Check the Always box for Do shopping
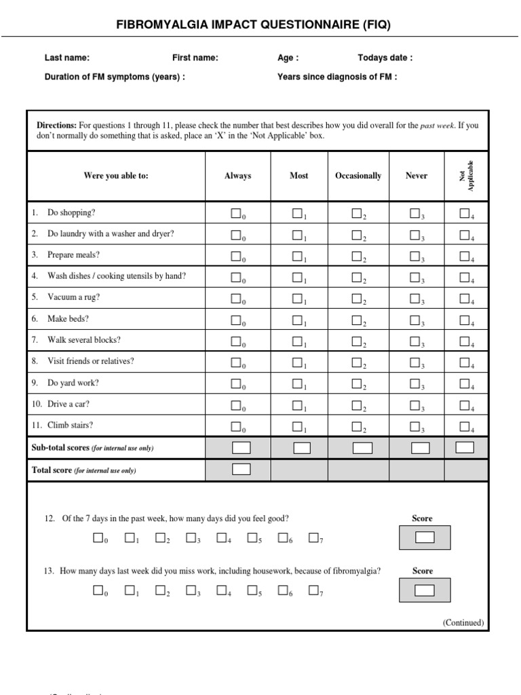(x=235, y=214)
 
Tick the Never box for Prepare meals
(x=414, y=257)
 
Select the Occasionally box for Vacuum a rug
(x=356, y=299)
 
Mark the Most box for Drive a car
(x=297, y=405)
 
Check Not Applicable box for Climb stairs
(x=464, y=426)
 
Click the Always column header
(x=237, y=176)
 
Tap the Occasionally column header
(x=358, y=176)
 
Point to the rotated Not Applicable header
(x=467, y=176)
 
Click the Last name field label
(x=67, y=58)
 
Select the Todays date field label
(x=385, y=58)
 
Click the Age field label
(x=288, y=58)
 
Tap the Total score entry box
(x=241, y=469)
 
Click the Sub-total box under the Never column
(x=421, y=448)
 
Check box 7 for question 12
(x=313, y=538)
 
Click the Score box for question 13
(x=424, y=590)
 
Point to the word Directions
(x=56, y=126)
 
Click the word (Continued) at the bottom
(x=463, y=622)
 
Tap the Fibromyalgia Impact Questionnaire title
(x=254, y=24)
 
